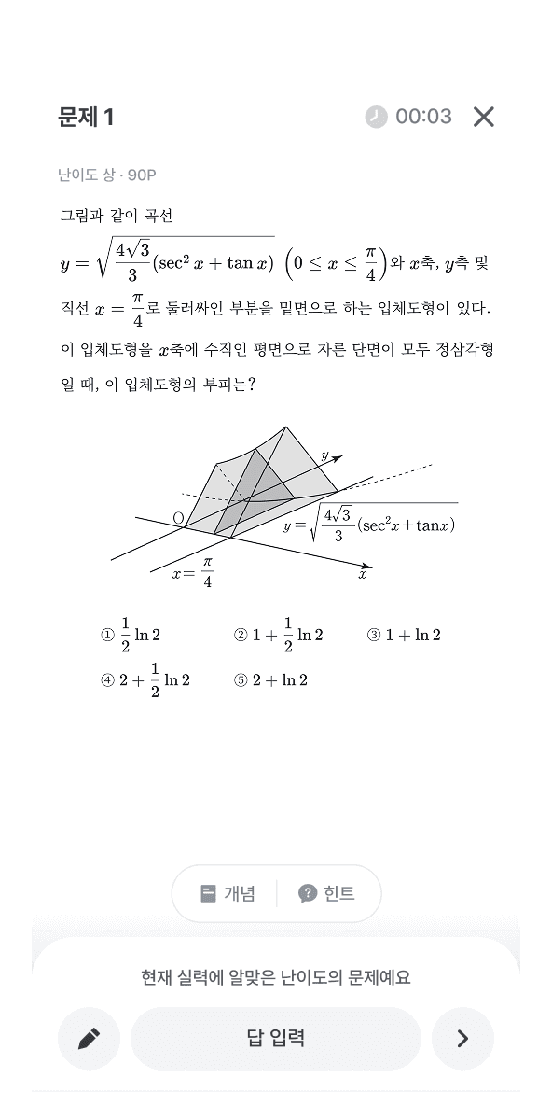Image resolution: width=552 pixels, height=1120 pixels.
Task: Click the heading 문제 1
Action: (x=85, y=117)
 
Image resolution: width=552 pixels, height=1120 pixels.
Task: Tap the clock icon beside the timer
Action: (x=376, y=117)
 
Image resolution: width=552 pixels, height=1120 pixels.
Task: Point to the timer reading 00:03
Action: (x=423, y=117)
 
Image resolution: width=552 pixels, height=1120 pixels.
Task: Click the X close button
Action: (x=483, y=117)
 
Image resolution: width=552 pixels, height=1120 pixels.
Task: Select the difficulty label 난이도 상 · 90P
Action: (x=105, y=175)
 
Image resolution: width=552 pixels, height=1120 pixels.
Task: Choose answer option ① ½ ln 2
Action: (x=131, y=635)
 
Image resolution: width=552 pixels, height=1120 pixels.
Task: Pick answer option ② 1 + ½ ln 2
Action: (x=279, y=635)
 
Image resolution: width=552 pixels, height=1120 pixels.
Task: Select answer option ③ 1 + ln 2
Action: (x=404, y=635)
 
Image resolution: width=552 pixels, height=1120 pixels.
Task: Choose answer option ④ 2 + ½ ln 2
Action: (x=145, y=679)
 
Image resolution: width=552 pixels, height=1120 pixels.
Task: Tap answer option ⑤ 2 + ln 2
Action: (x=271, y=679)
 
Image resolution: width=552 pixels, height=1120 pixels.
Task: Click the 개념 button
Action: (x=228, y=893)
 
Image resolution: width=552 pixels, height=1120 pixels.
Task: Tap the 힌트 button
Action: (x=326, y=893)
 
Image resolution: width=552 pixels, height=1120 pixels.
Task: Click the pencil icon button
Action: (x=89, y=1038)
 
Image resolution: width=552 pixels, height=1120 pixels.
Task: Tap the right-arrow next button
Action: (x=462, y=1038)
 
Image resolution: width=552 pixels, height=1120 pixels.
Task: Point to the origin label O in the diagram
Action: (x=178, y=518)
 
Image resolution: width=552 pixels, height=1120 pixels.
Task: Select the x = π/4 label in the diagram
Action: (x=193, y=572)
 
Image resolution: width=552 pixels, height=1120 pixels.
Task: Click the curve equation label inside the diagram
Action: (x=370, y=524)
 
